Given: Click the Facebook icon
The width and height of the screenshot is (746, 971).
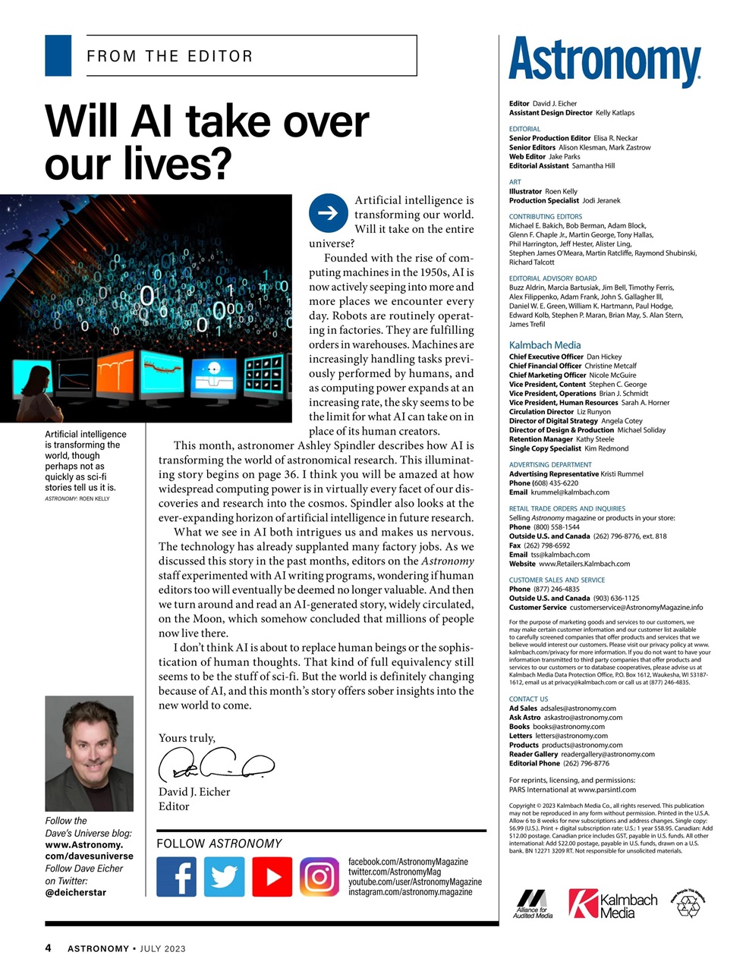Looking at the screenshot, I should click(176, 876).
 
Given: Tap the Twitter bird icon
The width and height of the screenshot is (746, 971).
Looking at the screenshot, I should click(224, 876).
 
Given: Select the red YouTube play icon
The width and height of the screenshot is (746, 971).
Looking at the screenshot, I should click(272, 876).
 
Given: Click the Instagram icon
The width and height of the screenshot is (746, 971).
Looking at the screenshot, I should click(319, 876).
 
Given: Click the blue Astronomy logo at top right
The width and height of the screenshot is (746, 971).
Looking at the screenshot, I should click(604, 61).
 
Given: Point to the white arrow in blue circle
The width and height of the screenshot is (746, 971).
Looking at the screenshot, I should click(328, 213).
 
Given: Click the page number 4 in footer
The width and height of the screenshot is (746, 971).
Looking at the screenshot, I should click(48, 947).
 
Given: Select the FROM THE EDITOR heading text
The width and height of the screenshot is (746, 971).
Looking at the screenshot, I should click(170, 56).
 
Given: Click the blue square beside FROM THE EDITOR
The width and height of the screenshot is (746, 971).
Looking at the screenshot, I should click(58, 55).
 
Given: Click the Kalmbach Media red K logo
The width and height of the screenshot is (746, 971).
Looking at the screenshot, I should click(582, 903).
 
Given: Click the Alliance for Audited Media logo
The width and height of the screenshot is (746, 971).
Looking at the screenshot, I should click(533, 903).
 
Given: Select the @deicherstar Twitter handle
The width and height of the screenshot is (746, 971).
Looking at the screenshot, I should click(76, 892).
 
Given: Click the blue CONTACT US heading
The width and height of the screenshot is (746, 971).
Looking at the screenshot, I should click(528, 699).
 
